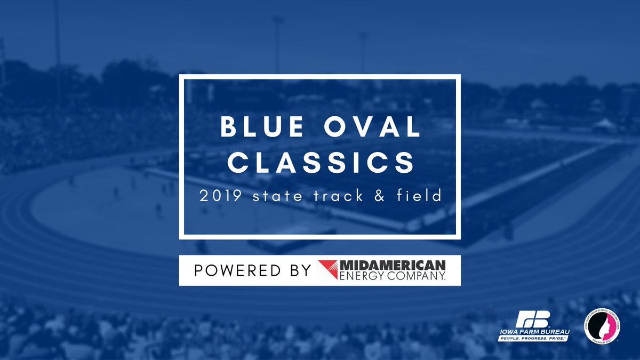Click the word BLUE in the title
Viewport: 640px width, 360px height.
pos(259,128)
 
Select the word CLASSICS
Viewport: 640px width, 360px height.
pos(320,162)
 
